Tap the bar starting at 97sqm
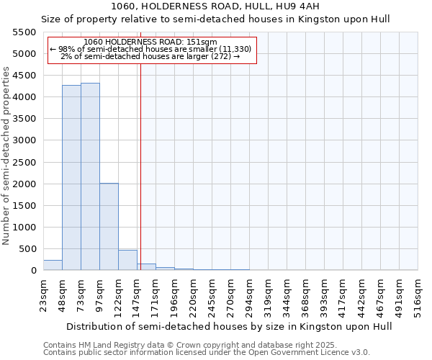click(x=109, y=227)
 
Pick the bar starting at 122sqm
click(x=127, y=260)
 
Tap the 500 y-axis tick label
click(x=27, y=249)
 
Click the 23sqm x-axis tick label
click(x=44, y=294)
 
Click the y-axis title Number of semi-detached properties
click(x=6, y=156)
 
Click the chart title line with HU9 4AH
click(x=215, y=6)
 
